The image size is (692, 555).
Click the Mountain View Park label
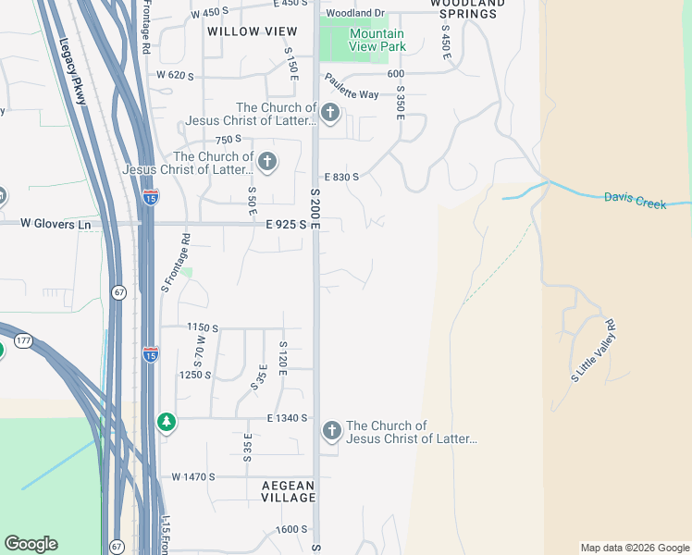click(377, 40)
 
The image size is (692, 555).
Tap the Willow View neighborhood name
click(240, 31)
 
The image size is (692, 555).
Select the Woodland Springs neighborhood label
click(468, 9)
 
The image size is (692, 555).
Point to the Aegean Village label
click(288, 491)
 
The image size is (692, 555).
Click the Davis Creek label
click(635, 199)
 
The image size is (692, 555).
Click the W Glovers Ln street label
click(56, 224)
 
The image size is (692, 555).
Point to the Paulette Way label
click(351, 94)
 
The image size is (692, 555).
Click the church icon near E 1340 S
click(331, 431)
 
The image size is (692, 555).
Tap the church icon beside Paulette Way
click(330, 115)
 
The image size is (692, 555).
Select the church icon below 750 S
click(266, 163)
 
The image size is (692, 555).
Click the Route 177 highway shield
click(23, 341)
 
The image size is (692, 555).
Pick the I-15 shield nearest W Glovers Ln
click(151, 196)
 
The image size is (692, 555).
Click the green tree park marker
click(167, 423)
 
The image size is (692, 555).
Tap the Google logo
click(31, 544)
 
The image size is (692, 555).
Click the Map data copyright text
click(634, 548)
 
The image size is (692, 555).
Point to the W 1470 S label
click(192, 476)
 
